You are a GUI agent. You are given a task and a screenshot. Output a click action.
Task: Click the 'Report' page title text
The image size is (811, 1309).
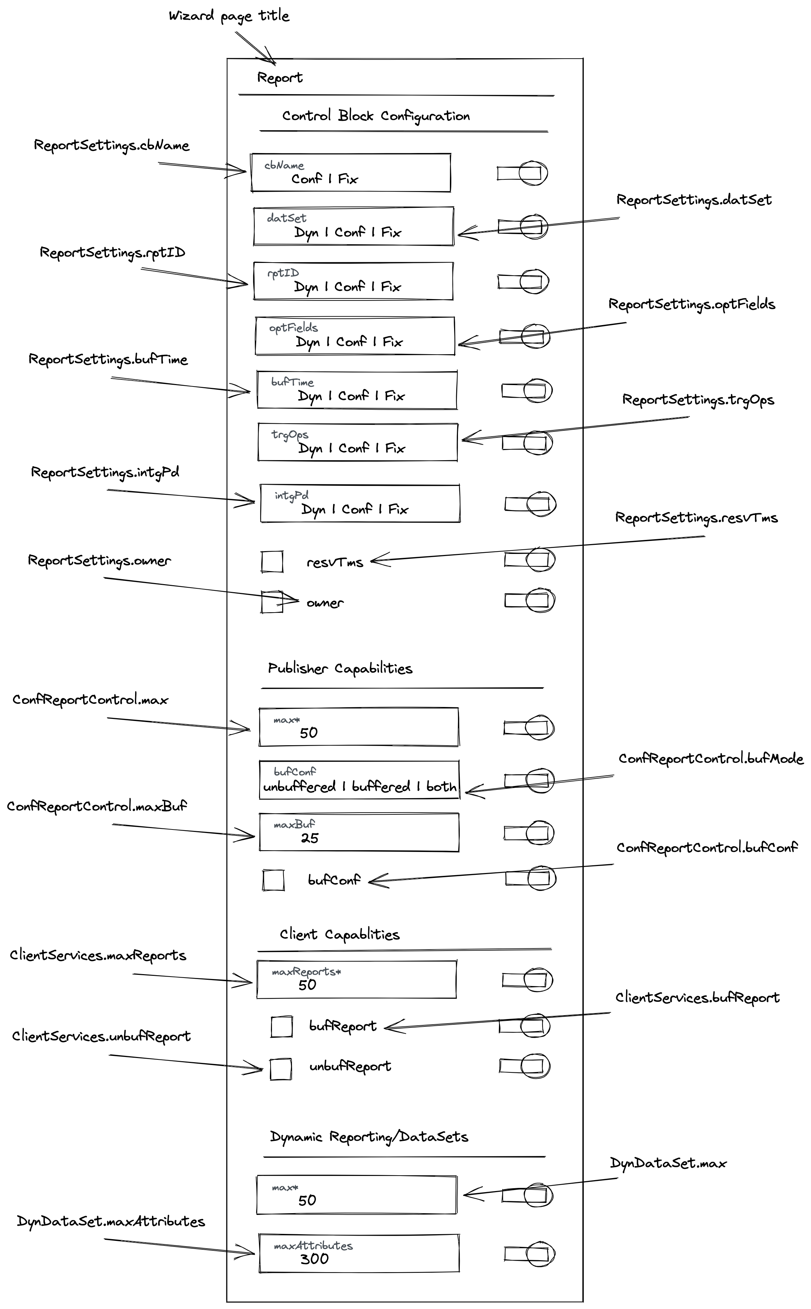pos(279,78)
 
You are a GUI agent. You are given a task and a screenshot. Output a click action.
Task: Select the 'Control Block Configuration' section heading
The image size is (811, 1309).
pos(375,116)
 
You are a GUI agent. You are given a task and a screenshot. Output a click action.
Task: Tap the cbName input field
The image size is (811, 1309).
pos(350,173)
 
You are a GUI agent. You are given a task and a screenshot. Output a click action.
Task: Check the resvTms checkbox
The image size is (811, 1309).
pos(272,562)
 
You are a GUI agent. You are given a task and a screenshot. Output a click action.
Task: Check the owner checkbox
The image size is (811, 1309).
pos(272,601)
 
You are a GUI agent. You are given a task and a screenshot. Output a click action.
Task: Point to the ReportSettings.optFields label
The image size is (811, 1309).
pos(691,304)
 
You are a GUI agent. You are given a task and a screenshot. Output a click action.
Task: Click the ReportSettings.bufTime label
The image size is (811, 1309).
pos(108,359)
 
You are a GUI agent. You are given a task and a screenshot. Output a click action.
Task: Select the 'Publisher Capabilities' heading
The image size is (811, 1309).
pos(340,668)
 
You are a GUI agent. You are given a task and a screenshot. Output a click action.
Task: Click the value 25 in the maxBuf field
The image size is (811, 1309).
pos(310,838)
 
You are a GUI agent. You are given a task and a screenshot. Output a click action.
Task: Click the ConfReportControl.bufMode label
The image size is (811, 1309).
pos(711,759)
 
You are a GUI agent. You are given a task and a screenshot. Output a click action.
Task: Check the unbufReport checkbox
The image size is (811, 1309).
pos(280,1069)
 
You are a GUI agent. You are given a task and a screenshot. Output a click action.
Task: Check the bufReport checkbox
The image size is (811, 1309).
pos(281,1027)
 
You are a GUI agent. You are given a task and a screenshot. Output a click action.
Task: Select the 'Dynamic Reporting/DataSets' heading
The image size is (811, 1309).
pos(369,1137)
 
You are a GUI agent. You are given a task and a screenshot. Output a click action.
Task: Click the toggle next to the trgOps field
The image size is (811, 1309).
pos(527,443)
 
